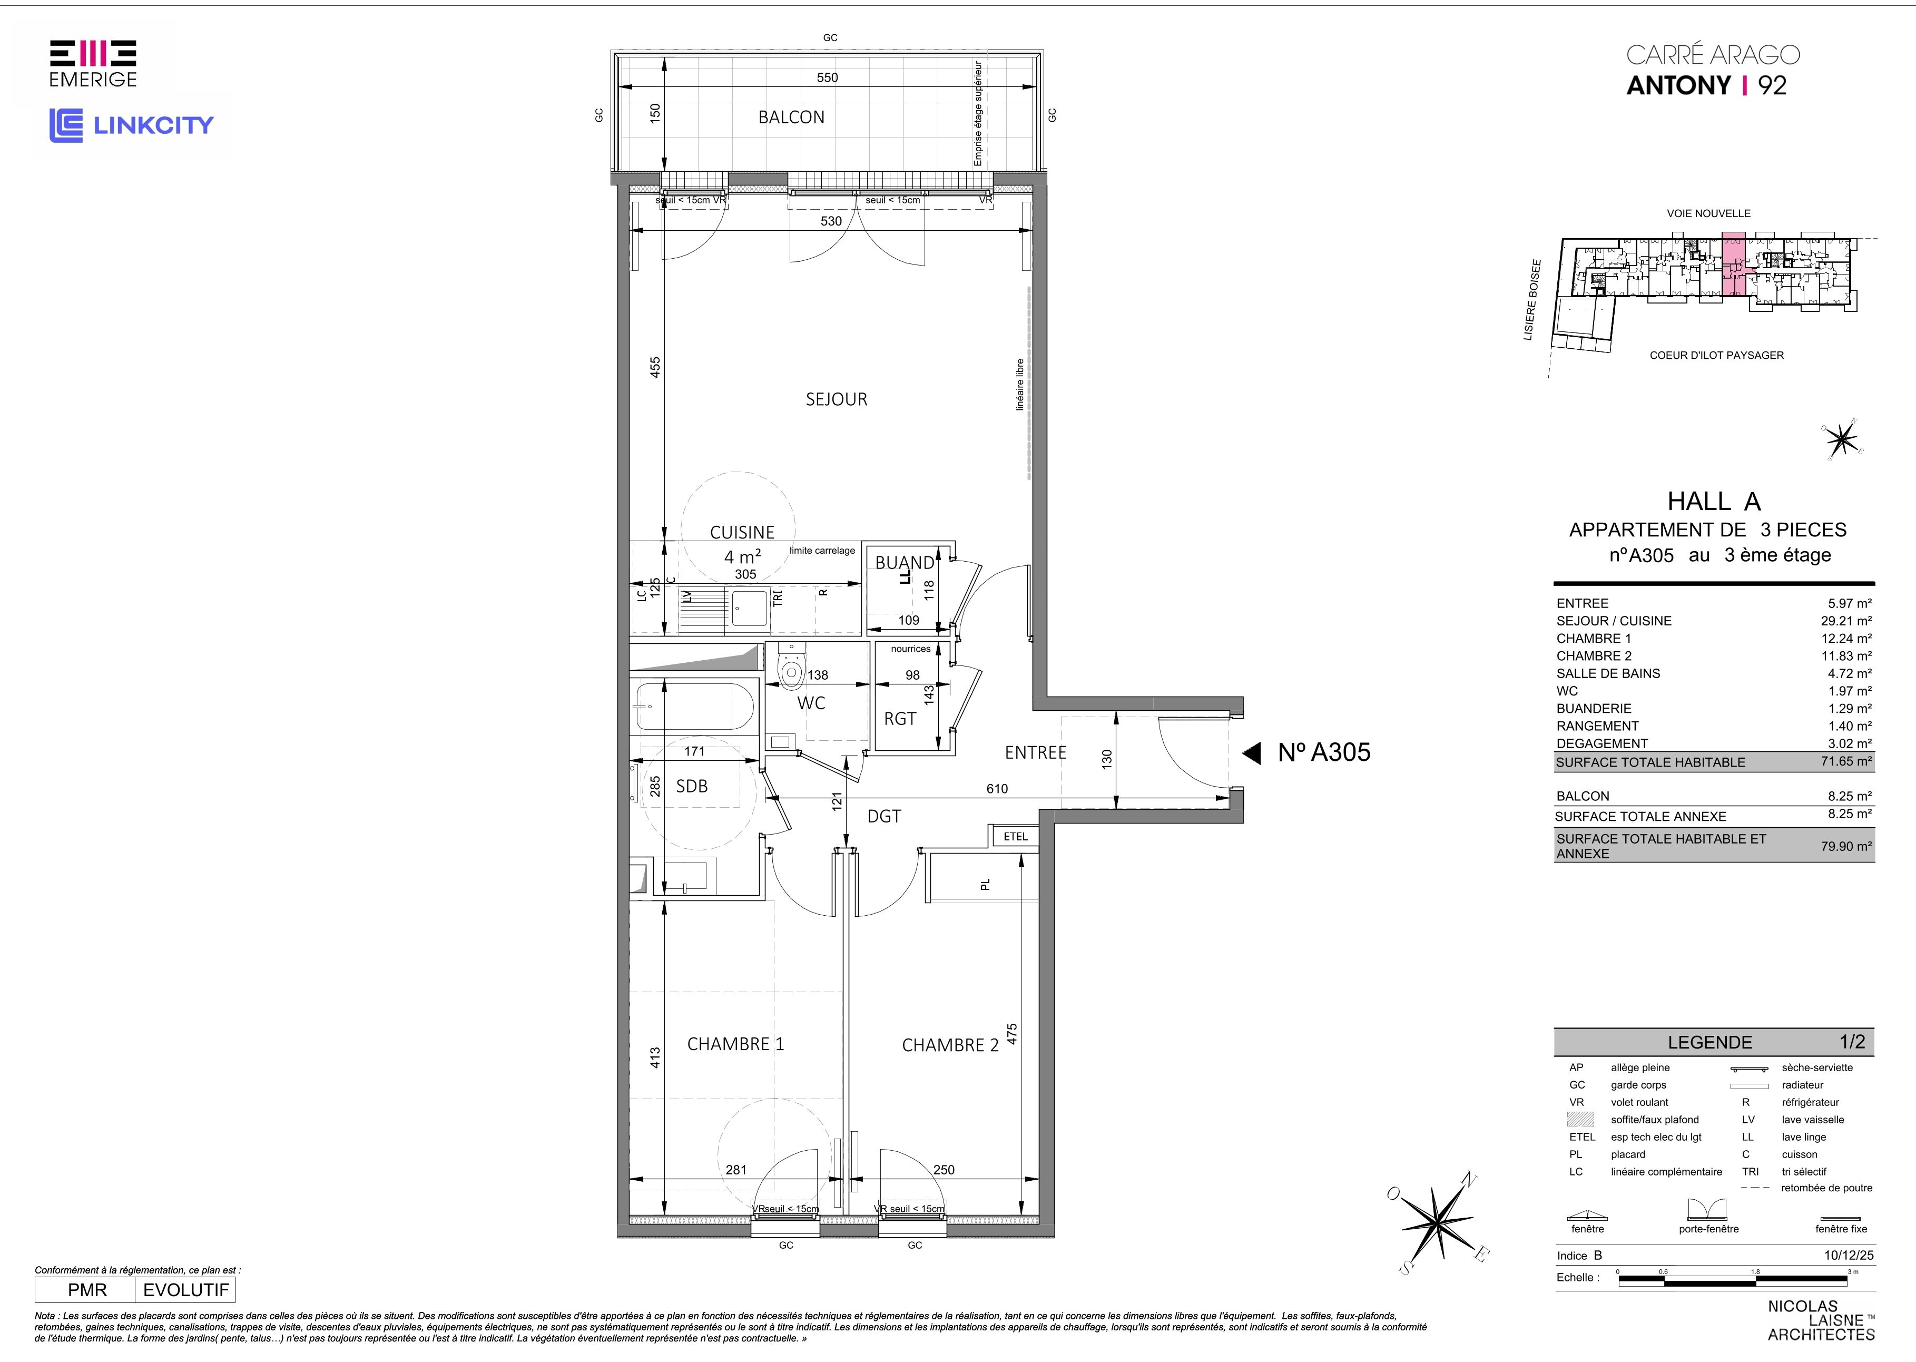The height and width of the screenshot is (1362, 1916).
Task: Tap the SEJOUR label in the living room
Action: coord(836,399)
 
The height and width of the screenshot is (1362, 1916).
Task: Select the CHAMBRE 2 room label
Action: coord(950,1045)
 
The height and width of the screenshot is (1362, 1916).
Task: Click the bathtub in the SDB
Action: coord(695,706)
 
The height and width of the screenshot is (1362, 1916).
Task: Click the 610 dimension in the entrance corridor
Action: coord(997,788)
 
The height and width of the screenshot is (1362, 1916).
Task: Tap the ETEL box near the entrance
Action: coord(1016,836)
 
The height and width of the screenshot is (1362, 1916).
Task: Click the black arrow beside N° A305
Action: coord(1251,753)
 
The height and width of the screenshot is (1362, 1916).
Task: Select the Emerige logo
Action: coord(93,64)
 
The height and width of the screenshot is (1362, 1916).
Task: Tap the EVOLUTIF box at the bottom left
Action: coord(185,1290)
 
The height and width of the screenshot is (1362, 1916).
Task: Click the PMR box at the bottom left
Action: coord(85,1290)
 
